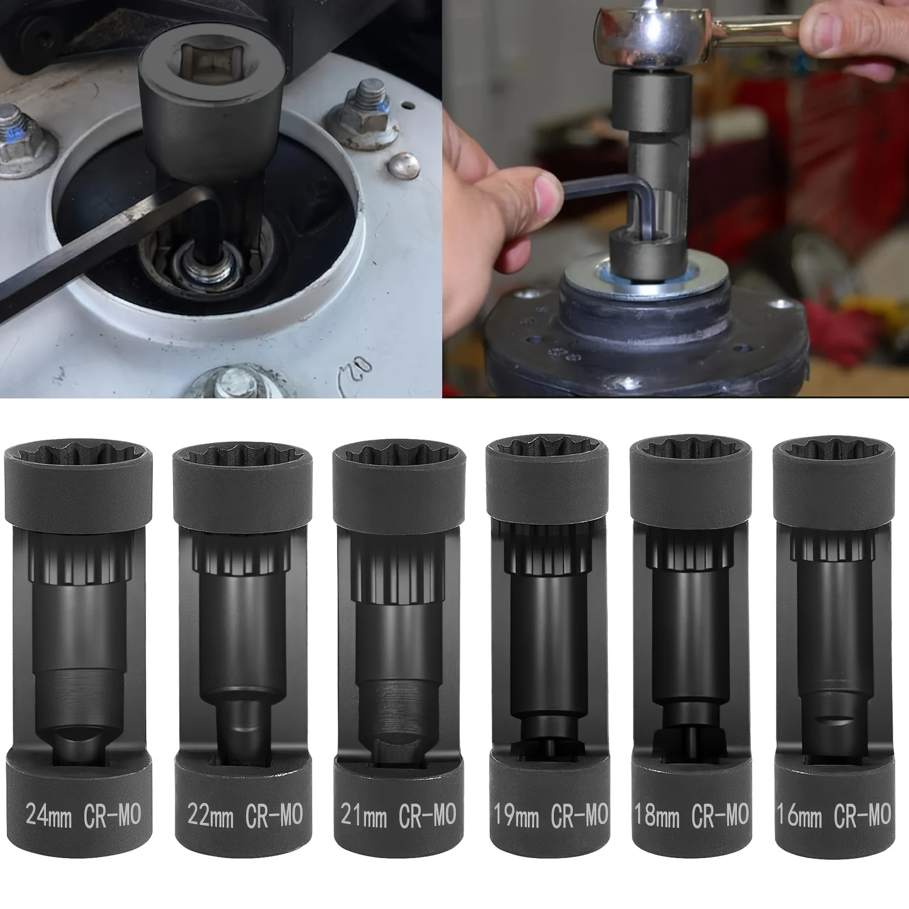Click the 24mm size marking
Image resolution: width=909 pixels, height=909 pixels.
48,816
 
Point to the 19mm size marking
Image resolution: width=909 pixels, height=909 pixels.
516,816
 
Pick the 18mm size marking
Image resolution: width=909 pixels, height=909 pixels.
658,816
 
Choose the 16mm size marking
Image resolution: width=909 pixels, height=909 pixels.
799,816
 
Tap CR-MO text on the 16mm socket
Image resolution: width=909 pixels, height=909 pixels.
862,816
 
